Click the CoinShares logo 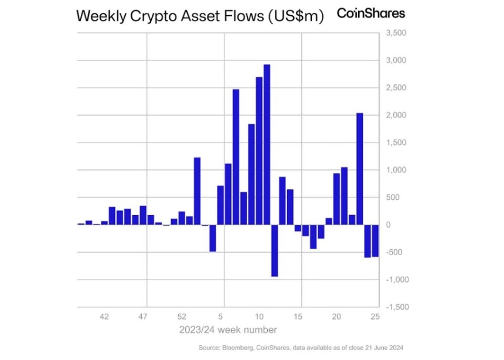pos(371,13)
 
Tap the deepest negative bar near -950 pos(274,250)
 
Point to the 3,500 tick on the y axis pos(396,33)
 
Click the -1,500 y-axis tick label pos(397,307)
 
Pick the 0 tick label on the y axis pos(389,225)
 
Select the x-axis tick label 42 pos(104,317)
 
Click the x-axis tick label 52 pos(182,317)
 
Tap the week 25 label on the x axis pos(375,317)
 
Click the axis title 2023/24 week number pos(228,330)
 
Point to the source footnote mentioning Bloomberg pos(301,348)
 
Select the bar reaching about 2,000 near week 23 pos(360,169)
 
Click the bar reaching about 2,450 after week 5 pos(236,157)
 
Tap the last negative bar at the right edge pos(375,240)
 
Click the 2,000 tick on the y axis pos(396,115)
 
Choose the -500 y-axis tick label pos(394,252)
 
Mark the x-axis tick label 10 pos(259,317)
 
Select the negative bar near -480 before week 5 pos(213,238)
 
